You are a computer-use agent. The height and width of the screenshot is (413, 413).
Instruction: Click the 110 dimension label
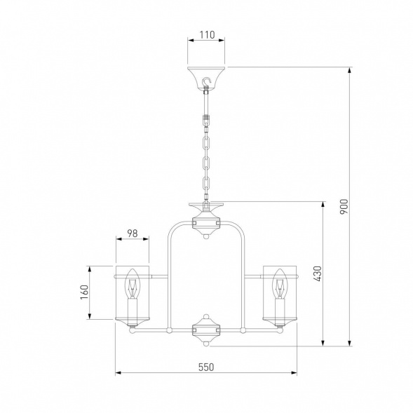pyautogui.click(x=207, y=35)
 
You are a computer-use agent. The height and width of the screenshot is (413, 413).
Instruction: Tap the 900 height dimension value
pyautogui.click(x=344, y=206)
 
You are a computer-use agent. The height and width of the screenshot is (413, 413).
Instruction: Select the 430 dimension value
pyautogui.click(x=318, y=273)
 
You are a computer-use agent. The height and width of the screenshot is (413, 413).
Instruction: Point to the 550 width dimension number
pyautogui.click(x=206, y=367)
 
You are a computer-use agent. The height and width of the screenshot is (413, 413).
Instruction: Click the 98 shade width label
pyautogui.click(x=133, y=233)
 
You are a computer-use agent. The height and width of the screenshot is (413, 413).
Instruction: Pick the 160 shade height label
pyautogui.click(x=84, y=292)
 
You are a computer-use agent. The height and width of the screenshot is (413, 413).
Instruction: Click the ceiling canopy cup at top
pyautogui.click(x=206, y=79)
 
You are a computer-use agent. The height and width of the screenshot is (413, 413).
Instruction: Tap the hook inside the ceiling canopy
pyautogui.click(x=207, y=81)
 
